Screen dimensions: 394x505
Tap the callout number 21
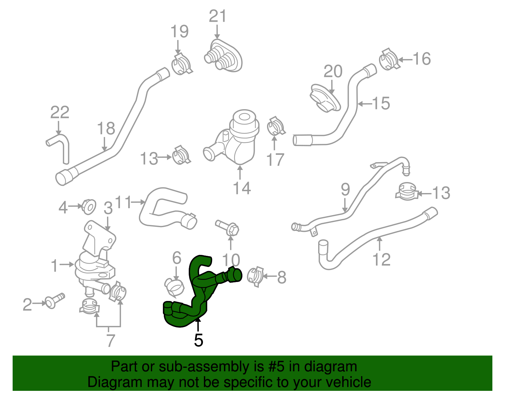click(218, 16)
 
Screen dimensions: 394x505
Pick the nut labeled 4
click(89, 207)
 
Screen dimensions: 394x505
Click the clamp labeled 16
click(389, 59)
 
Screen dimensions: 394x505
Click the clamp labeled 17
click(276, 126)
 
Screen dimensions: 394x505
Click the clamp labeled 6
click(175, 287)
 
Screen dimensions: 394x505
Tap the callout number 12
click(381, 260)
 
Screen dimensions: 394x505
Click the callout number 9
click(345, 190)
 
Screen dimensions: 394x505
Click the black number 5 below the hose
click(199, 340)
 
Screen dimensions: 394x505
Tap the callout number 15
click(381, 103)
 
